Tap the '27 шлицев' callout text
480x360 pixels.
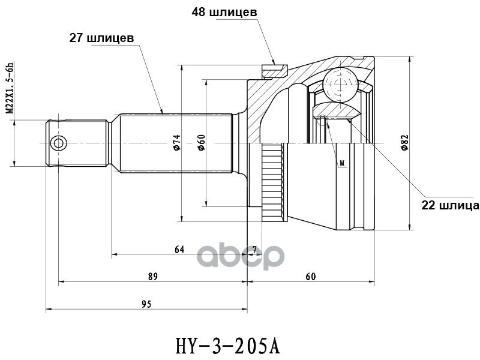click(101, 38)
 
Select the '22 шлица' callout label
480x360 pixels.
click(450, 205)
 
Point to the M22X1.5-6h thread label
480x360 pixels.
click(10, 88)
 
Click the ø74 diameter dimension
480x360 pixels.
click(177, 142)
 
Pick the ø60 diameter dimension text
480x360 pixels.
click(201, 142)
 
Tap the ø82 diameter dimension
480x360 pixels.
click(404, 142)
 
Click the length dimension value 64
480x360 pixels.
click(179, 250)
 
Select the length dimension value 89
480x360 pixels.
click(153, 277)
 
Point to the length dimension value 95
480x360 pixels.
click(146, 304)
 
